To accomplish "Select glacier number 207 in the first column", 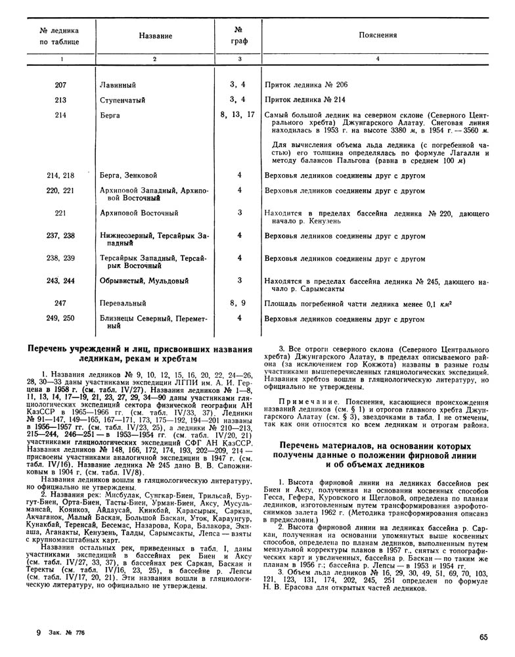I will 61,85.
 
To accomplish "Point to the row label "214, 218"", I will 61,175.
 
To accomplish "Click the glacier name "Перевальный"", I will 123,304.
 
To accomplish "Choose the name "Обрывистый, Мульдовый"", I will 145,281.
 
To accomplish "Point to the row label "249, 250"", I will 61,319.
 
